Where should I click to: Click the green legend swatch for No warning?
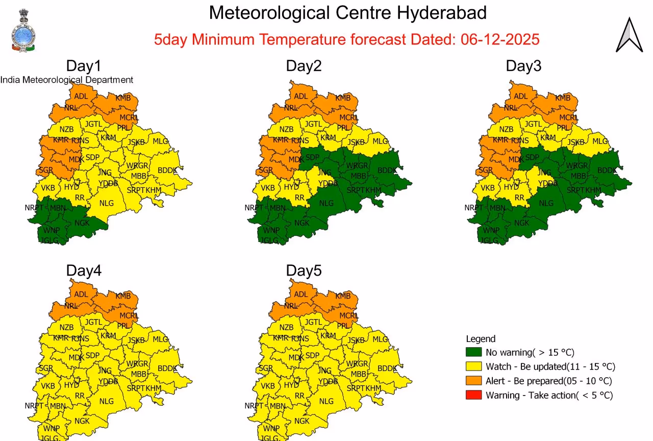point(474,352)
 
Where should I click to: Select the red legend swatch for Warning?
point(474,395)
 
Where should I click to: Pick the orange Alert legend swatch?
point(474,381)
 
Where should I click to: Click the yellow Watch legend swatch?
point(474,366)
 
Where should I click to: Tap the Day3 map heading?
point(523,66)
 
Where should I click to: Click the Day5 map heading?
point(304,271)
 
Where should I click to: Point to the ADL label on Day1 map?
point(81,96)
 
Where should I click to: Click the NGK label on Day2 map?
point(302,223)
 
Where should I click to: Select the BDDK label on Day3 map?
point(607,170)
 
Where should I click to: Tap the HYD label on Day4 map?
point(71,385)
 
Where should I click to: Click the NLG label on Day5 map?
point(326,401)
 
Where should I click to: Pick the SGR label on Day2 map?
point(265,170)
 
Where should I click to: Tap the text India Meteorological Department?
point(67,80)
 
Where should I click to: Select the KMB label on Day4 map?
point(123,296)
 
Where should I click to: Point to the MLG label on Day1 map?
point(160,141)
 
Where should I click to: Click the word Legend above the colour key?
point(481,339)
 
